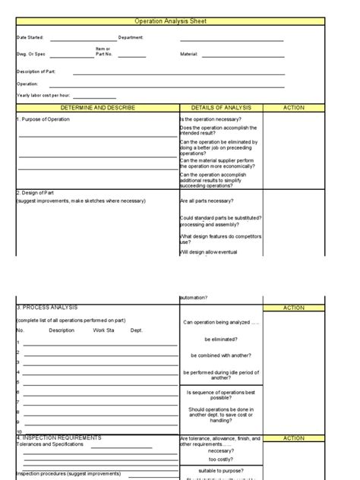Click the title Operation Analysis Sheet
tap(180, 21)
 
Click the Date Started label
tap(30, 37)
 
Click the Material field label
tap(188, 55)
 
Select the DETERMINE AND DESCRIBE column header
tap(97, 108)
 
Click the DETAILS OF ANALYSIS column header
tap(221, 108)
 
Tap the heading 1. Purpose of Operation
tap(44, 120)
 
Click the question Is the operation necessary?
tap(211, 120)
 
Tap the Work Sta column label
tap(104, 330)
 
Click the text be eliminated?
tap(221, 339)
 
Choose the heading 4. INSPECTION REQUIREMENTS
tap(59, 438)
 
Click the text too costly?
tap(221, 459)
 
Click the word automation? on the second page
tap(194, 297)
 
